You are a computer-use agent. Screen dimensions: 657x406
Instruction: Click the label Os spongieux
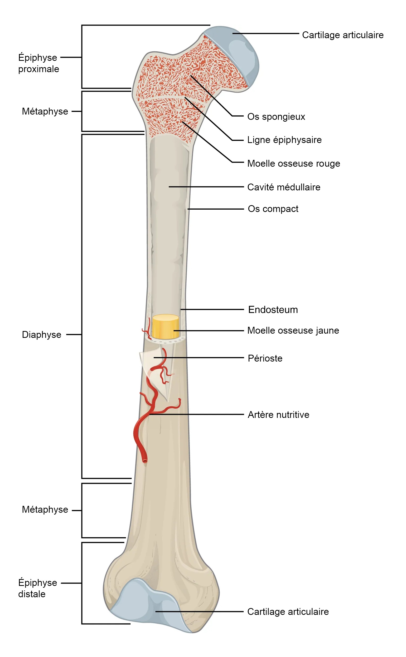pos(276,117)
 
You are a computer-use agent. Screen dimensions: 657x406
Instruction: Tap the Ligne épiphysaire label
pos(284,140)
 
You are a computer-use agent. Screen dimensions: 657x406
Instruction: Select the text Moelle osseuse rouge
pos(293,163)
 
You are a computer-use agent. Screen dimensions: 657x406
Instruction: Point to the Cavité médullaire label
pos(284,187)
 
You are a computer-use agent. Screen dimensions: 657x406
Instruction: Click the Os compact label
pos(273,209)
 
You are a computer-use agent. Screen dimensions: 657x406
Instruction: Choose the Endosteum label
pos(273,309)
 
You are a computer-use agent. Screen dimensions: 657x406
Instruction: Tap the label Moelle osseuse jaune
pos(293,330)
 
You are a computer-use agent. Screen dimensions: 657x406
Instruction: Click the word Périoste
pos(265,358)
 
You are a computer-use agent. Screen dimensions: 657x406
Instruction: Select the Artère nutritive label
pos(278,414)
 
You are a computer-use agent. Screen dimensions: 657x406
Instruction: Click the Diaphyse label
pos(42,335)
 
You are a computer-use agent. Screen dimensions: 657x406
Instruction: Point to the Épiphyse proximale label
pos(38,63)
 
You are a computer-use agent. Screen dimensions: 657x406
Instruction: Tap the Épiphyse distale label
pos(37,588)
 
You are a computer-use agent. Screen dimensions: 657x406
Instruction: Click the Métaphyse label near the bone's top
pos(45,111)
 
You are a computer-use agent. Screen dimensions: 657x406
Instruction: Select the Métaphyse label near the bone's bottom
pos(45,510)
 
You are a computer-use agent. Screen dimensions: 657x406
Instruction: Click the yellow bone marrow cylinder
pos(165,327)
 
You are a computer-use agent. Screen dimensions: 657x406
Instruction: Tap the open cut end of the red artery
pos(145,461)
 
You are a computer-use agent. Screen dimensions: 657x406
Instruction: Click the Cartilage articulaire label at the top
pos(343,35)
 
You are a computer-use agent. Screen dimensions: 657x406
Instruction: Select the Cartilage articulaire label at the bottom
pos(288,612)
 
